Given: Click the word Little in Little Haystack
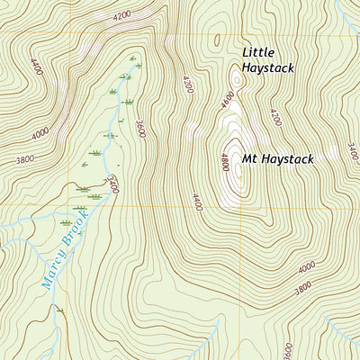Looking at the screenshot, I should pyautogui.click(x=256, y=52).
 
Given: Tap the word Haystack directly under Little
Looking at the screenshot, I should pyautogui.click(x=268, y=68).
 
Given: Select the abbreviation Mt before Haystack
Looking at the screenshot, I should pyautogui.click(x=249, y=159).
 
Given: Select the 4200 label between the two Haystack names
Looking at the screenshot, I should pyautogui.click(x=274, y=116).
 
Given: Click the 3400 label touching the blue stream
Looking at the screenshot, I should pyautogui.click(x=112, y=186).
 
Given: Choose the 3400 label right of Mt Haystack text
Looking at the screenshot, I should pyautogui.click(x=352, y=150).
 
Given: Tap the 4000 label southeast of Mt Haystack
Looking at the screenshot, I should pyautogui.click(x=307, y=267).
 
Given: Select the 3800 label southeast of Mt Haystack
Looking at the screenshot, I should pyautogui.click(x=303, y=289).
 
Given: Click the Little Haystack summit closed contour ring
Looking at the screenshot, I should pyautogui.click(x=235, y=79).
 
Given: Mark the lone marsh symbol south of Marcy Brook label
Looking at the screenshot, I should pyautogui.click(x=60, y=310).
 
